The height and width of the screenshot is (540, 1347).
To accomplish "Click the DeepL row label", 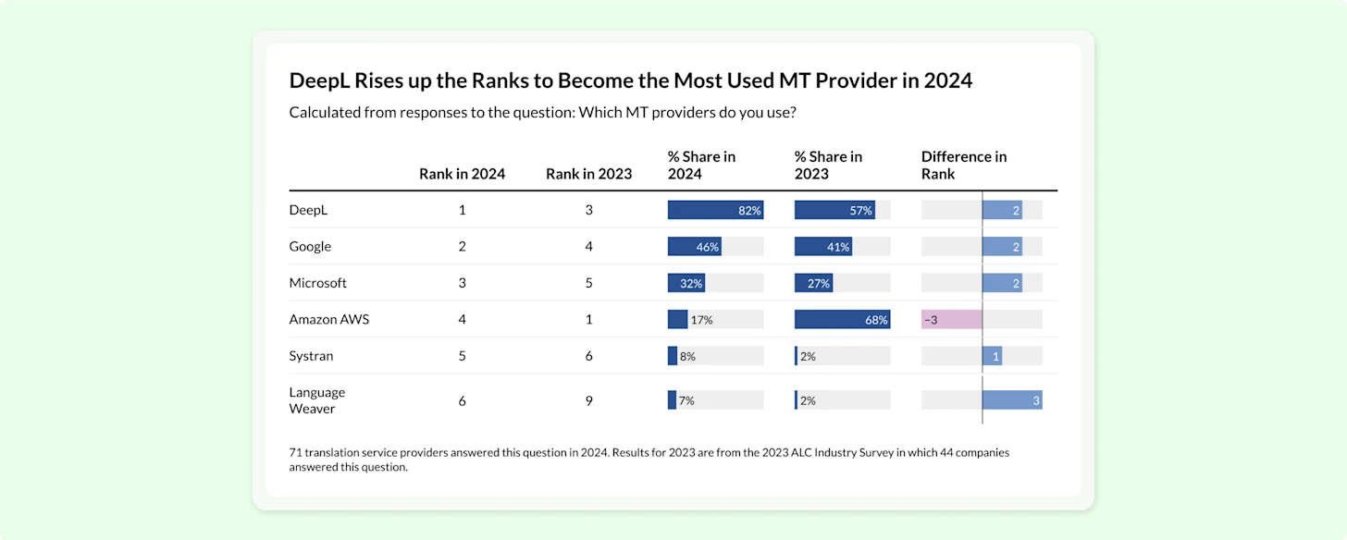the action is (x=308, y=210).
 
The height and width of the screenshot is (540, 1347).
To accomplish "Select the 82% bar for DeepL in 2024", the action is (x=716, y=210).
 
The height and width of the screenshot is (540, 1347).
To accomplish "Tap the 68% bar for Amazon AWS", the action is (x=842, y=319).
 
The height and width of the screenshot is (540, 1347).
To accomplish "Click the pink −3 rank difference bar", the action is (x=951, y=319).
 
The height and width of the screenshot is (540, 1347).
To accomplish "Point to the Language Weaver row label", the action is (x=317, y=400).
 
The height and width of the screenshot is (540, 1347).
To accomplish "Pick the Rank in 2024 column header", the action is (x=462, y=174).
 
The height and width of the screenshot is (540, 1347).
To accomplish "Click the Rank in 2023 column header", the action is (x=588, y=174).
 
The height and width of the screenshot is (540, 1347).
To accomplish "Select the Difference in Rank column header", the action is (x=963, y=166).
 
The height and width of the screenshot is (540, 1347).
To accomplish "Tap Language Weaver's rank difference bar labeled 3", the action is (x=1012, y=399).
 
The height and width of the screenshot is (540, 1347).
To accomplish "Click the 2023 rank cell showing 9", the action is (x=588, y=400).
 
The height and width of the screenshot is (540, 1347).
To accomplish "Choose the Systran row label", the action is (x=311, y=356).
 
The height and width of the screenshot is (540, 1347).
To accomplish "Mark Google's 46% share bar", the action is (x=695, y=247).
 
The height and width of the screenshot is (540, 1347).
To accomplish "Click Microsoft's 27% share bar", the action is (x=813, y=283).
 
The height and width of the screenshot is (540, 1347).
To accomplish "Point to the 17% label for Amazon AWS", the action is (x=701, y=320).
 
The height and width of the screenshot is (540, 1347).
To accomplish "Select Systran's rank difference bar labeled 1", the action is (x=992, y=356).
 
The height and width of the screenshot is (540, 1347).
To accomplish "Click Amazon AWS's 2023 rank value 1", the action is (x=588, y=319).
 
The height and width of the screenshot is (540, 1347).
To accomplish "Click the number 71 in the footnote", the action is (x=295, y=452).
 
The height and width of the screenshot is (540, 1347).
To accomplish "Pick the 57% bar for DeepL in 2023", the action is (x=834, y=210).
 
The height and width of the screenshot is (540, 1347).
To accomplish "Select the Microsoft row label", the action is (x=317, y=283).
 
